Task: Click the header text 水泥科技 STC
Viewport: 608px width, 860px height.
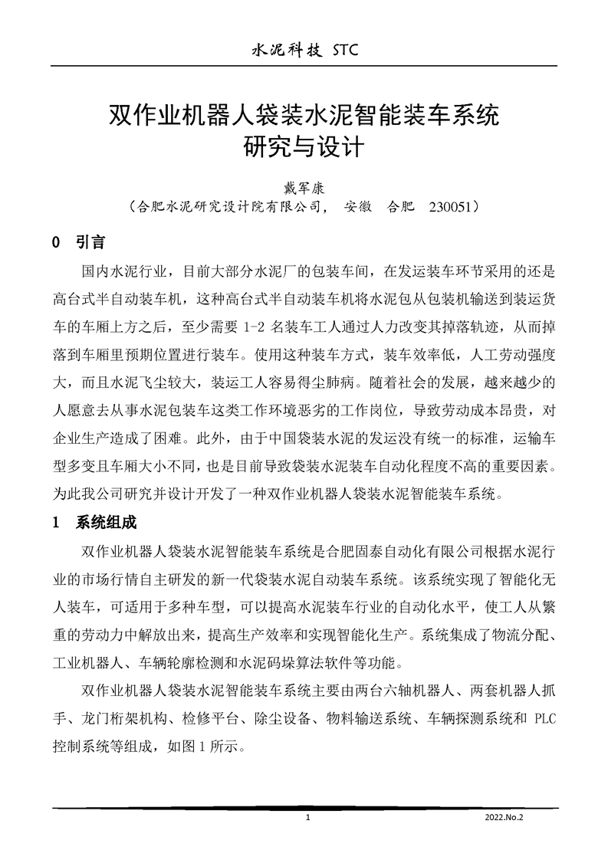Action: pos(304,51)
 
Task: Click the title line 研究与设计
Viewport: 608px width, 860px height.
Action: pos(304,146)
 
